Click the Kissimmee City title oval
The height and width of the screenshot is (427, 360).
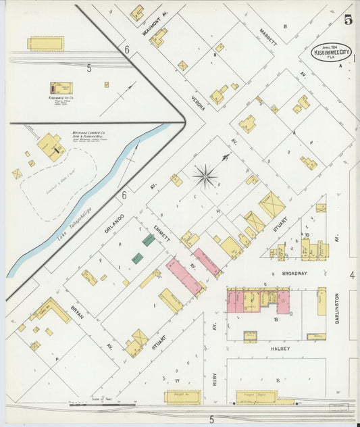pyautogui.click(x=332, y=53)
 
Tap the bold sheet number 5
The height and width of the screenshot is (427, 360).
pyautogui.click(x=348, y=20)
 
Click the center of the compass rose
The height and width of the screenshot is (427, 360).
pyautogui.click(x=205, y=177)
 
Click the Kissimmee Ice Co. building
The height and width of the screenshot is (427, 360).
pyautogui.click(x=61, y=88)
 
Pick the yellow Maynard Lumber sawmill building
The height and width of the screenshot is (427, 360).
pyautogui.click(x=50, y=146)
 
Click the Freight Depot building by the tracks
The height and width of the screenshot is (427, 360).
pyautogui.click(x=257, y=397)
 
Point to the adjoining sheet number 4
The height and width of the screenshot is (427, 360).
pyautogui.click(x=352, y=275)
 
